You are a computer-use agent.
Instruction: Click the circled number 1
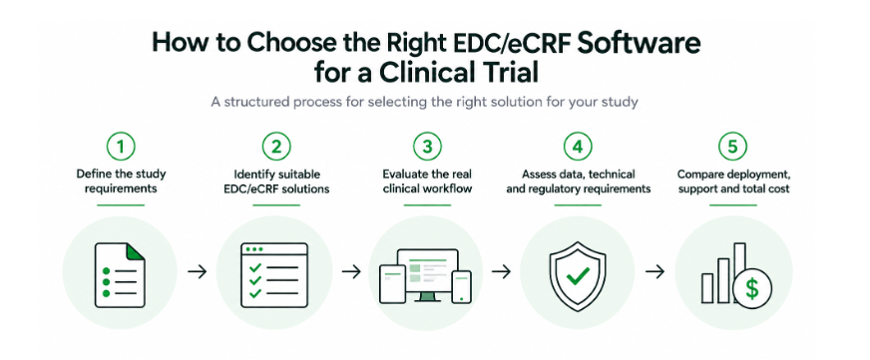(121, 147)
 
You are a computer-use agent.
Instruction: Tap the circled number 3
(427, 147)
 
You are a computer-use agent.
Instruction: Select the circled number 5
(732, 147)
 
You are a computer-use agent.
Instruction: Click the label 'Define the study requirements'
(121, 181)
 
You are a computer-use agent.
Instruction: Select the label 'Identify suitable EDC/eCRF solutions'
(275, 181)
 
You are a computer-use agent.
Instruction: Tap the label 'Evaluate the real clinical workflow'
(427, 181)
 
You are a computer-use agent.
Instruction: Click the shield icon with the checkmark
(577, 276)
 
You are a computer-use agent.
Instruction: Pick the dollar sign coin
(752, 289)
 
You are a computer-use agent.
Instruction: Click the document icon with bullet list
(120, 274)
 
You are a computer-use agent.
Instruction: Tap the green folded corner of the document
(136, 251)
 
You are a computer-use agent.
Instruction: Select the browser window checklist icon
(274, 275)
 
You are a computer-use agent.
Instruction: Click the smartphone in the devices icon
(462, 287)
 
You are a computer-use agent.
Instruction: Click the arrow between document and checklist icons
(197, 272)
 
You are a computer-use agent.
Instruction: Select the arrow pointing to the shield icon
(501, 272)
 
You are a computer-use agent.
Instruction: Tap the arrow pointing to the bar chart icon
(655, 272)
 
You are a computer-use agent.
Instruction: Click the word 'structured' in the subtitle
(258, 103)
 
